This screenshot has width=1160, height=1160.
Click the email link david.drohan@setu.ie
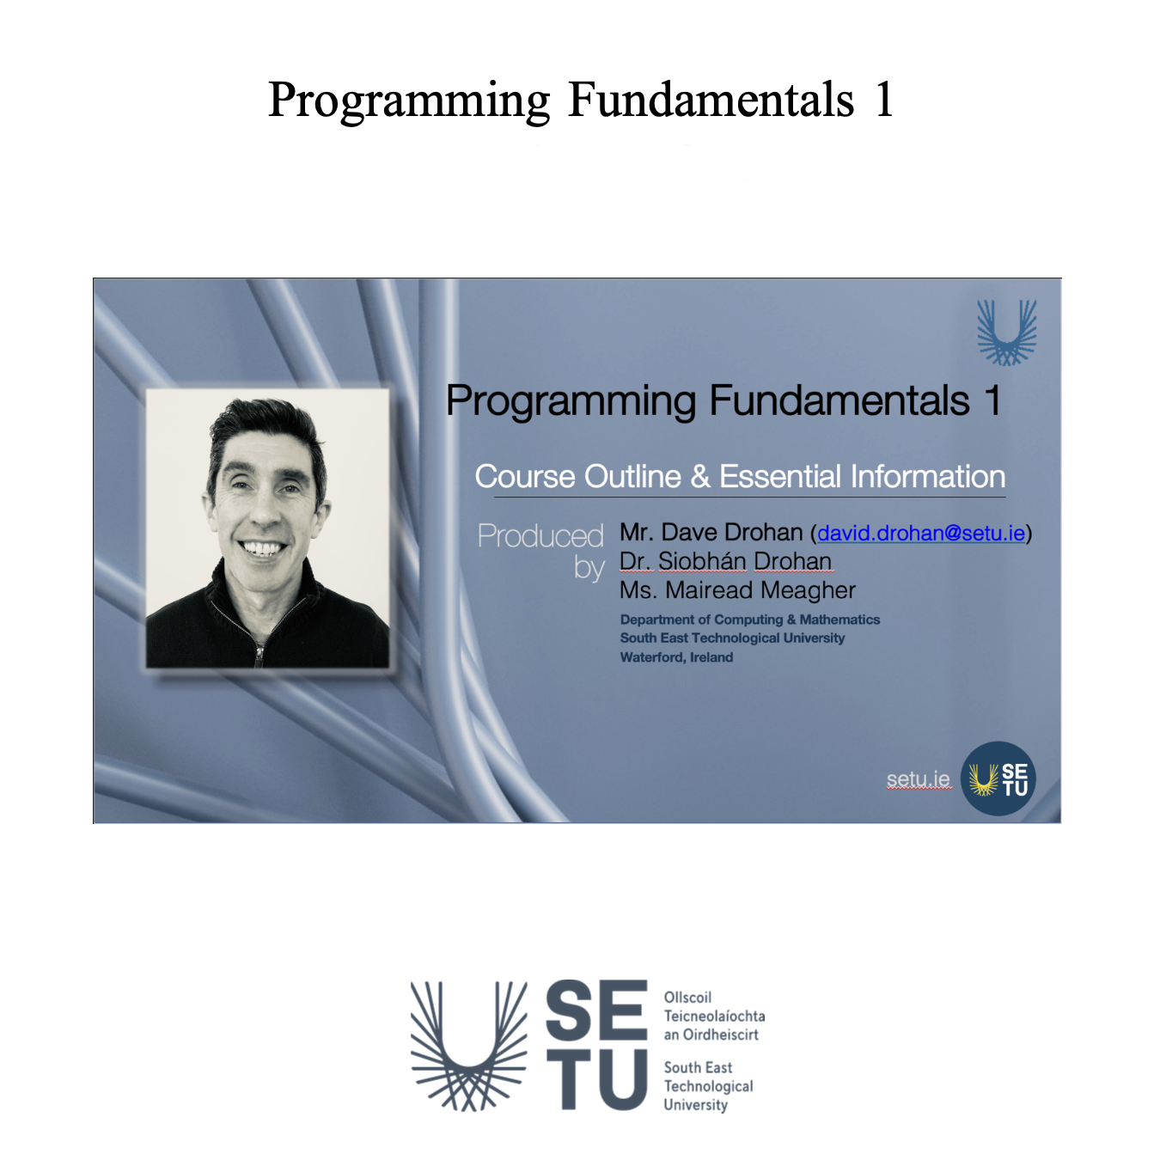(920, 533)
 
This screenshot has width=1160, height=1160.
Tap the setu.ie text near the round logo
(918, 779)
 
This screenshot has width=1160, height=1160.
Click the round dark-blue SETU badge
(998, 778)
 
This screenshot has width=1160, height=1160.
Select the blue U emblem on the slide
(1006, 333)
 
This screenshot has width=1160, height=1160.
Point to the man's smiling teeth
(262, 548)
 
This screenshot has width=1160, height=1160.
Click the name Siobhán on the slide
(702, 561)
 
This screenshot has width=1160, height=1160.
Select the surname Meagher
(808, 590)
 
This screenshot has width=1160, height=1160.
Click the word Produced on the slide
(540, 535)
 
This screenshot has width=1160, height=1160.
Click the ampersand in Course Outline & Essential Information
(700, 477)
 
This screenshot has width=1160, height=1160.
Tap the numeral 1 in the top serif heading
(883, 100)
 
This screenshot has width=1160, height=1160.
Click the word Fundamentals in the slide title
(839, 400)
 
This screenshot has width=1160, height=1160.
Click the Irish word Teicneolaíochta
(714, 1017)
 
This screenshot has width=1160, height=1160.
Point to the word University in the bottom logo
(695, 1105)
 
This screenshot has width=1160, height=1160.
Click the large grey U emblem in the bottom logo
(469, 1046)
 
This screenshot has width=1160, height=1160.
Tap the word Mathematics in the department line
(839, 620)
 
